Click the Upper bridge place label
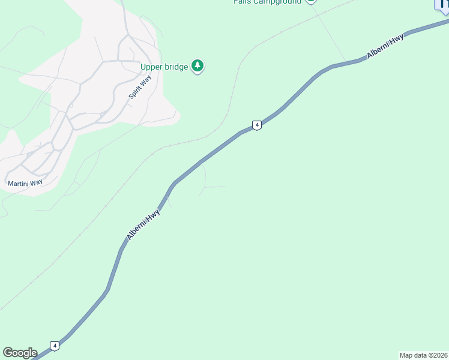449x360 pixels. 164,67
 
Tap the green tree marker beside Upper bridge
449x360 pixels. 198,66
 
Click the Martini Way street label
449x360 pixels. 25,182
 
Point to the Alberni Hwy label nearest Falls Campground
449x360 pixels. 385,46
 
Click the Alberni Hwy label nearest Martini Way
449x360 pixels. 143,224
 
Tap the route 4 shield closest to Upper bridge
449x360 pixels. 257,125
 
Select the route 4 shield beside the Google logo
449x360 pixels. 55,346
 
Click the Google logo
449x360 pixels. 20,353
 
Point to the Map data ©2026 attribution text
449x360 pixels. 424,355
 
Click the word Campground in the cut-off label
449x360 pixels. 279,2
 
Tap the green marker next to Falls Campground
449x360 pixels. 310,2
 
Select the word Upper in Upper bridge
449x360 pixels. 152,67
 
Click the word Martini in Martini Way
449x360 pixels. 18,182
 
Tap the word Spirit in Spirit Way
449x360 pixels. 135,91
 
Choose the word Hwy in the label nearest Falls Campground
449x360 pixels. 397,41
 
